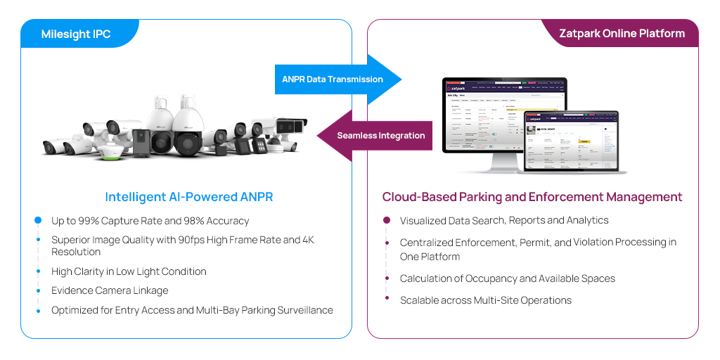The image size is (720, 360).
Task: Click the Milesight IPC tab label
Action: pos(76,34)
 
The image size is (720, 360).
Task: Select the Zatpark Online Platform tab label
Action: pos(622,34)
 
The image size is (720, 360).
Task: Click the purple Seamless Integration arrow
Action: pos(377,135)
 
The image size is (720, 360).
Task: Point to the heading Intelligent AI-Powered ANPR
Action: pos(188,197)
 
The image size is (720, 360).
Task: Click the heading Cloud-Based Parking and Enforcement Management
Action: pos(532,197)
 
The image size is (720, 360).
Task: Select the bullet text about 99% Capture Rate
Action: pos(150,221)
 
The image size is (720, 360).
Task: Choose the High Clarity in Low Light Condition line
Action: pos(129,271)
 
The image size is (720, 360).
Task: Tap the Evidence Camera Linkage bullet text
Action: pos(110,290)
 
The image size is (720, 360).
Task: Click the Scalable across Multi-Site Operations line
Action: pos(486,300)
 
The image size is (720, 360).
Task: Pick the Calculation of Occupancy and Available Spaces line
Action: pos(508,278)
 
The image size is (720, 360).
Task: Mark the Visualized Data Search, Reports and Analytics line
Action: pos(504,221)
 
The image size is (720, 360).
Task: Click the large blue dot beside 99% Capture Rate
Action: pos(38,221)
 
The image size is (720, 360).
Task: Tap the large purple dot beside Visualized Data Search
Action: pos(387,221)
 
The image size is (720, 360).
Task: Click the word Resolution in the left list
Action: pos(76,252)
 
